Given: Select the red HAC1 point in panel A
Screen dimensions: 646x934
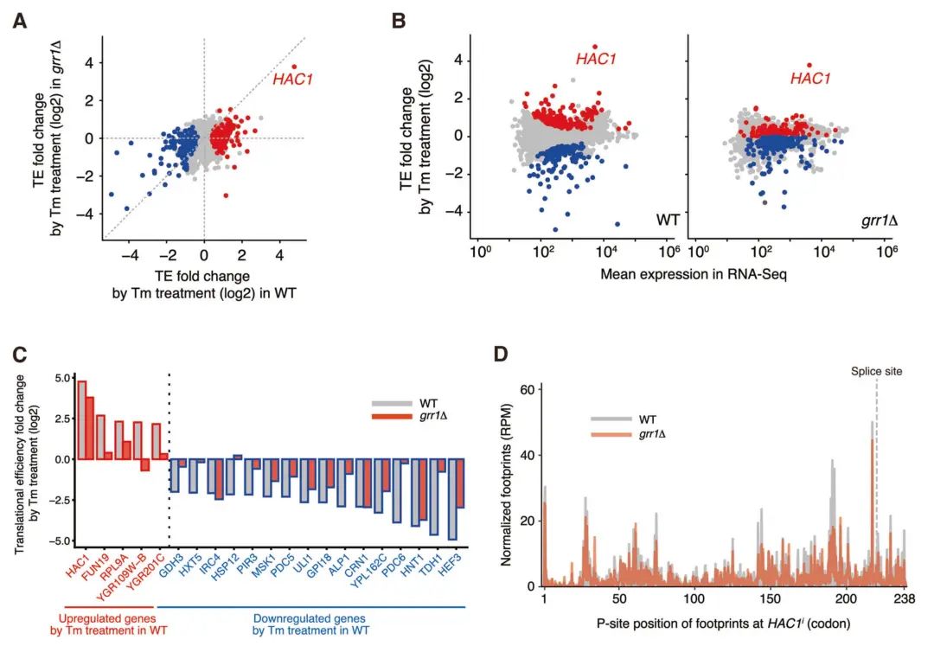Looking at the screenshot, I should pos(294,67).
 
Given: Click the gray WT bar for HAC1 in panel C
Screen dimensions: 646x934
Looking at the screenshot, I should pos(81,419).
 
